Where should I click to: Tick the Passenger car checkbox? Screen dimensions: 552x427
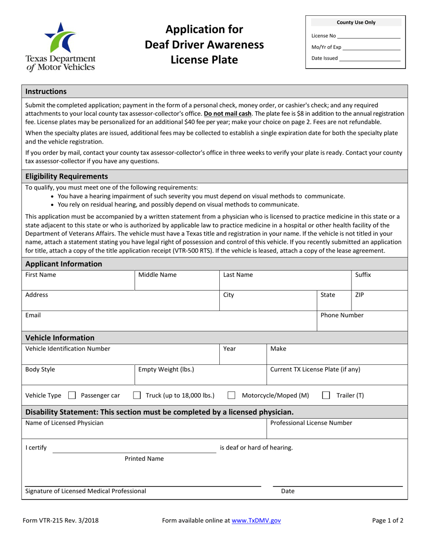click(71, 395)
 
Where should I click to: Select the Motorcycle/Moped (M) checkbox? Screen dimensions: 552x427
click(231, 395)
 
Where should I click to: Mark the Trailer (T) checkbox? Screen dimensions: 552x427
click(326, 395)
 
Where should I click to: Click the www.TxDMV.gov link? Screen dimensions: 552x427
click(256, 521)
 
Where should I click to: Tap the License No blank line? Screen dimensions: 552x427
click(368, 36)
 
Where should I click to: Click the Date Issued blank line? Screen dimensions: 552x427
click(369, 58)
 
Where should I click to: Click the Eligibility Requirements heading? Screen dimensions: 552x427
click(67, 176)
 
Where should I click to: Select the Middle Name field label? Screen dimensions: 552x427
click(157, 274)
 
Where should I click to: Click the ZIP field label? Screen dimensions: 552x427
click(359, 295)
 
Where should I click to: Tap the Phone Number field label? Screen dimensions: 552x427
click(342, 315)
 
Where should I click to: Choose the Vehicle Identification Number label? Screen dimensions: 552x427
click(67, 348)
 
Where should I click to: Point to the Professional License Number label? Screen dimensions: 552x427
click(311, 422)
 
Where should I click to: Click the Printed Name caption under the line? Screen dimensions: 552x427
click(144, 459)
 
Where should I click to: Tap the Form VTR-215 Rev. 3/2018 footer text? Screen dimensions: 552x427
click(62, 521)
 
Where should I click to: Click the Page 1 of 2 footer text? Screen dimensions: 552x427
click(387, 521)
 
